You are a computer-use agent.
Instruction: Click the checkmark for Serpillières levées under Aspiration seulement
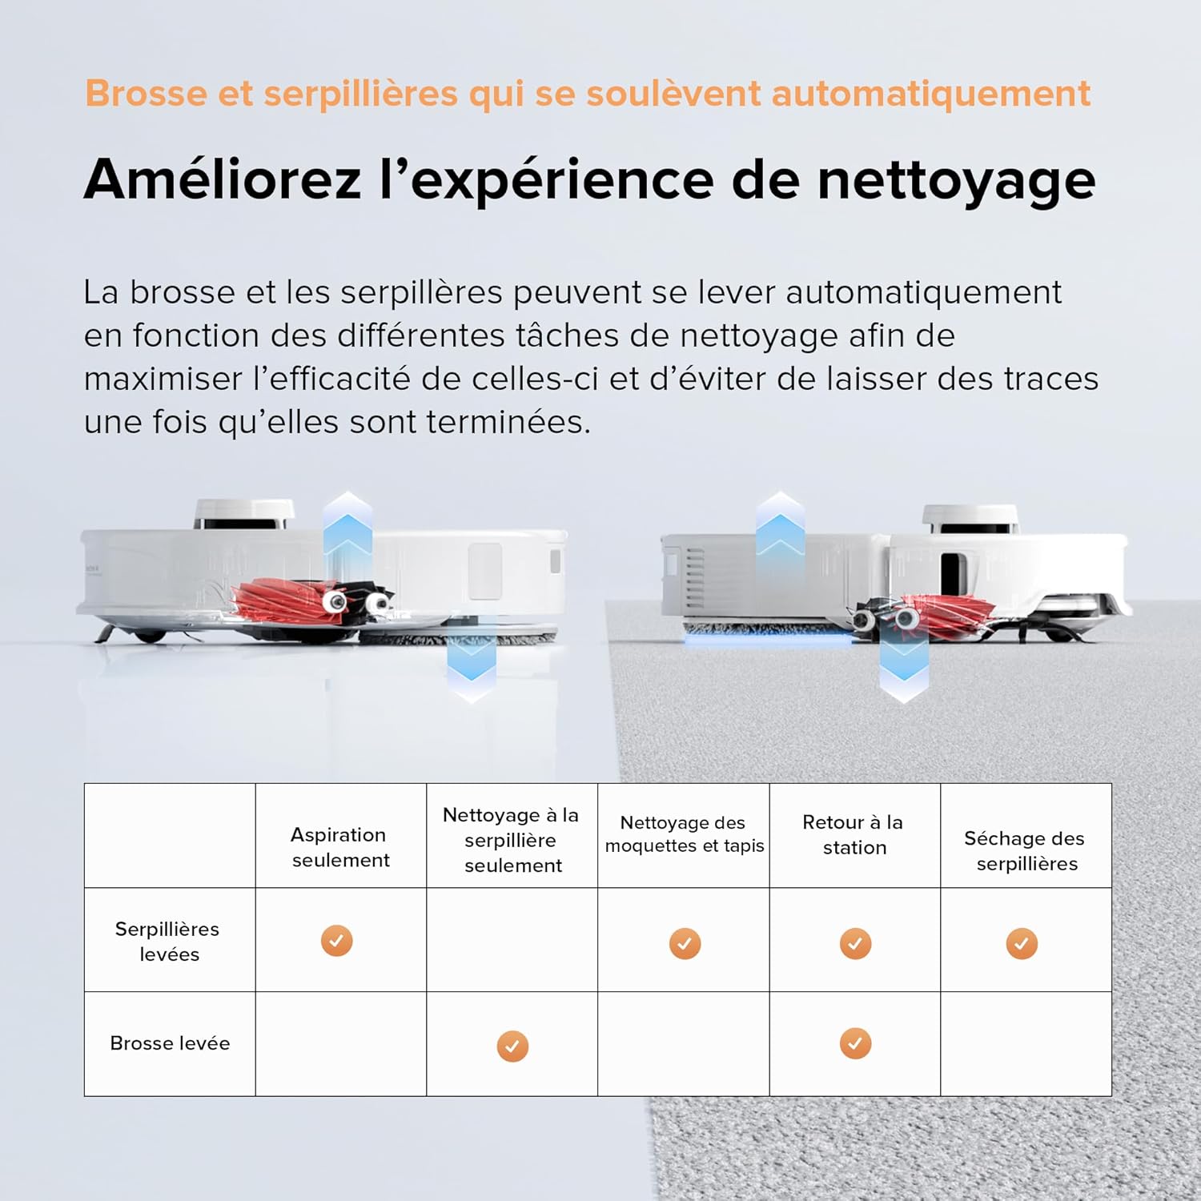tap(336, 941)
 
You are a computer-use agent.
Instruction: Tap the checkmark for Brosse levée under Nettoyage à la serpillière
tap(512, 1046)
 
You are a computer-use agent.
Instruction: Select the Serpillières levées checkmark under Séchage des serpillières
tap(1022, 944)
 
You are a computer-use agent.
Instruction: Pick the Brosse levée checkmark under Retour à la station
tap(855, 1043)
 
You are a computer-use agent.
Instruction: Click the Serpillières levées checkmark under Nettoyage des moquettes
tap(685, 944)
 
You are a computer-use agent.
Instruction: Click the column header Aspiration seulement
tap(339, 847)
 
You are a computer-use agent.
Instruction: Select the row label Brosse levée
tap(170, 1043)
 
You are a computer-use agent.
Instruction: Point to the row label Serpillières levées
tap(168, 942)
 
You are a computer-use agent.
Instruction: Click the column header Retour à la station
tap(854, 834)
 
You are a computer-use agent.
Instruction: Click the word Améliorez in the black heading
tap(223, 179)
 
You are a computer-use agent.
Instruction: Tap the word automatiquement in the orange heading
tap(930, 93)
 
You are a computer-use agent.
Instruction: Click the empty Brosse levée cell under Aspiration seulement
tap(341, 1044)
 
